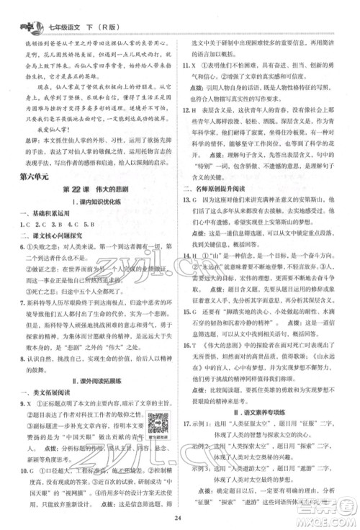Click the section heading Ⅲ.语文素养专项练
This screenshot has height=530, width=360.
[275, 393]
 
